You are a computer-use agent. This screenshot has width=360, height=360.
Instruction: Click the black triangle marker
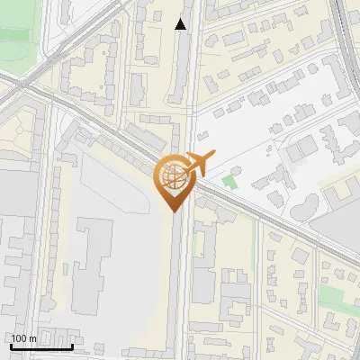tap(181, 24)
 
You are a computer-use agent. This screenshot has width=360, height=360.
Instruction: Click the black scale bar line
tap(40, 346)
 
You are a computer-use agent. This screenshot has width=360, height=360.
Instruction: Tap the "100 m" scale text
tap(23, 338)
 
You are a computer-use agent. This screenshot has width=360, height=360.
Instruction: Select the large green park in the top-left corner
tap(22, 40)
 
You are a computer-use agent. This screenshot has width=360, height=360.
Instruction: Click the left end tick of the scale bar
tap(10, 346)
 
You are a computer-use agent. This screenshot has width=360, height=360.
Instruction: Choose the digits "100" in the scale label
tap(19, 338)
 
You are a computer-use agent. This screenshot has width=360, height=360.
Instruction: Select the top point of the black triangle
tap(181, 19)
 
